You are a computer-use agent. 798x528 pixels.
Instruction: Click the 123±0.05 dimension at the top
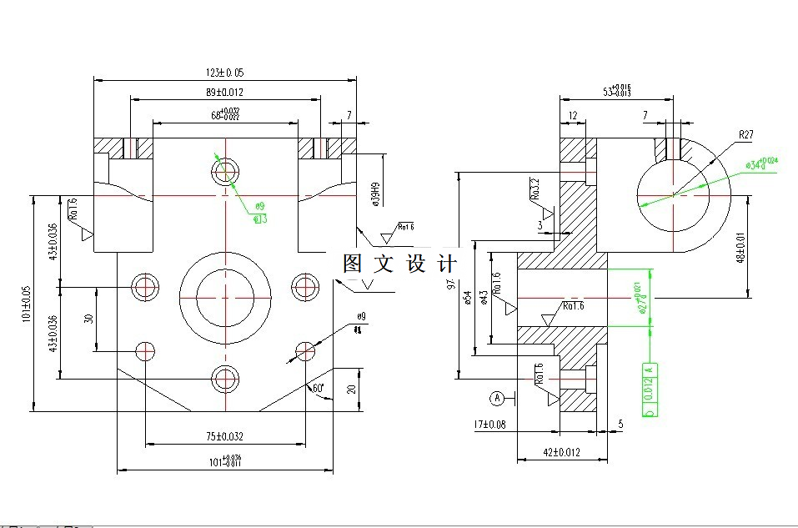(x=225, y=73)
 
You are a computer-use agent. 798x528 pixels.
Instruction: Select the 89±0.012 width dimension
(x=225, y=92)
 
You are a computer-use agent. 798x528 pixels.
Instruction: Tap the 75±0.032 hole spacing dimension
(x=225, y=436)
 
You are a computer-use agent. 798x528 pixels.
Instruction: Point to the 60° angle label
(x=318, y=389)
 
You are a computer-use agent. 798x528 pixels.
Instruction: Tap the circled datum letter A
(x=498, y=397)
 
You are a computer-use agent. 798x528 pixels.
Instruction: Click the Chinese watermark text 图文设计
(x=400, y=264)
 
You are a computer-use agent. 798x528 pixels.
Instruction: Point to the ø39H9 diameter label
(x=375, y=193)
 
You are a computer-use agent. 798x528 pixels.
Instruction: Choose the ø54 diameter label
(x=469, y=298)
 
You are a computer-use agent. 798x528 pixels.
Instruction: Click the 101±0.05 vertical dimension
(x=27, y=304)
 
